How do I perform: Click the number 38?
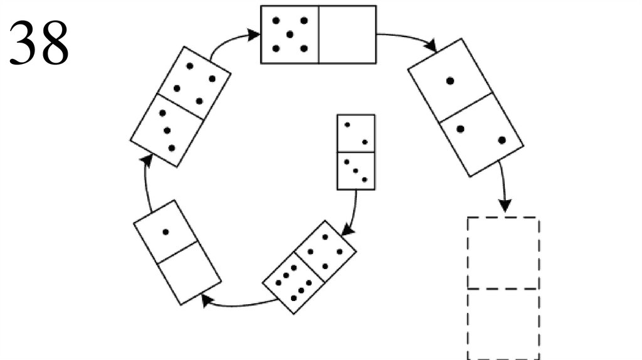(x=39, y=43)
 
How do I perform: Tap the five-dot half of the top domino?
(x=290, y=34)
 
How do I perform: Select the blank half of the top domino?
(x=347, y=34)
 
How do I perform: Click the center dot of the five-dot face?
(x=290, y=34)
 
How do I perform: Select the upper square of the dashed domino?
(x=503, y=253)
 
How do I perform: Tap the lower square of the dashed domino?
(x=503, y=324)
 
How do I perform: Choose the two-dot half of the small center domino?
(x=356, y=133)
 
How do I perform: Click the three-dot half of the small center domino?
(x=356, y=170)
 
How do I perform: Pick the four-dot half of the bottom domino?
(x=325, y=251)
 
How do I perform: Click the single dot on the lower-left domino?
(x=166, y=232)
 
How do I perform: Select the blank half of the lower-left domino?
(x=189, y=273)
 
